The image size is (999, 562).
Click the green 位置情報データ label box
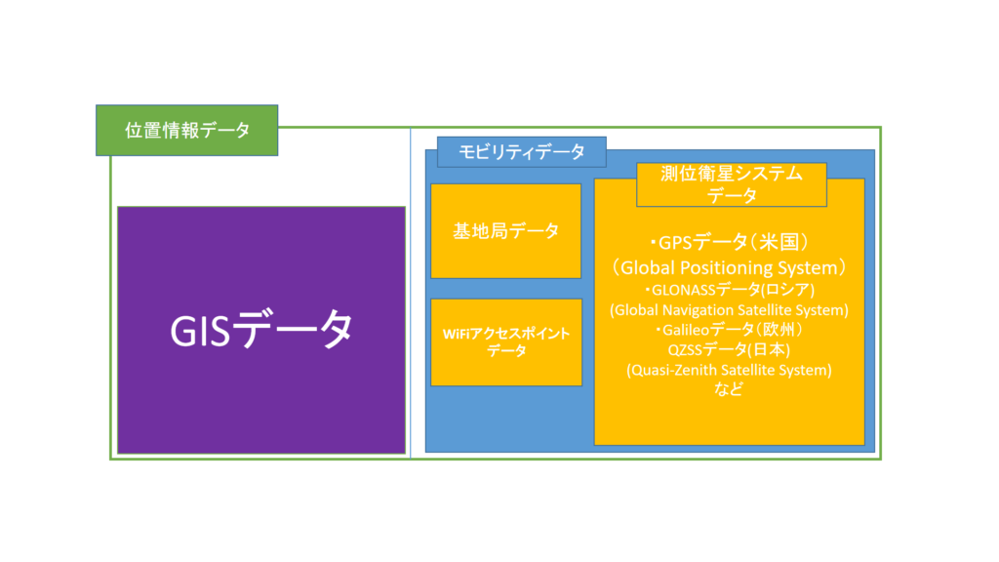pos(186,131)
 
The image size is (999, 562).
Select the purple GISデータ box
pos(260,330)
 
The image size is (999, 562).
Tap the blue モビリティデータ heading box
pos(515,152)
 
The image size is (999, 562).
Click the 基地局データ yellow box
pos(505,231)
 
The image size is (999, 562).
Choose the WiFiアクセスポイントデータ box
pos(505,342)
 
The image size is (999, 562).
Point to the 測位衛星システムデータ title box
pos(731,184)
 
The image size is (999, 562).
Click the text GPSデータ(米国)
pos(730,242)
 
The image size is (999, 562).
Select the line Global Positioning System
pos(730,266)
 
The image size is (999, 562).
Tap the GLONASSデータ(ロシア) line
pos(730,291)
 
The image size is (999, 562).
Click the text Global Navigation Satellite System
pos(730,310)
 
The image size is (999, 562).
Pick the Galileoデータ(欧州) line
pos(730,330)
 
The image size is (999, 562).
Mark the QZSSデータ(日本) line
pos(730,349)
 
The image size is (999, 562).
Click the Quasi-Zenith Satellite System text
pos(730,370)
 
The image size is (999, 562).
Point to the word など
pos(729,389)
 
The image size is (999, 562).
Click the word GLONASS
pos(684,291)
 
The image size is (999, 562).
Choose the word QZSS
pos(687,349)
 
